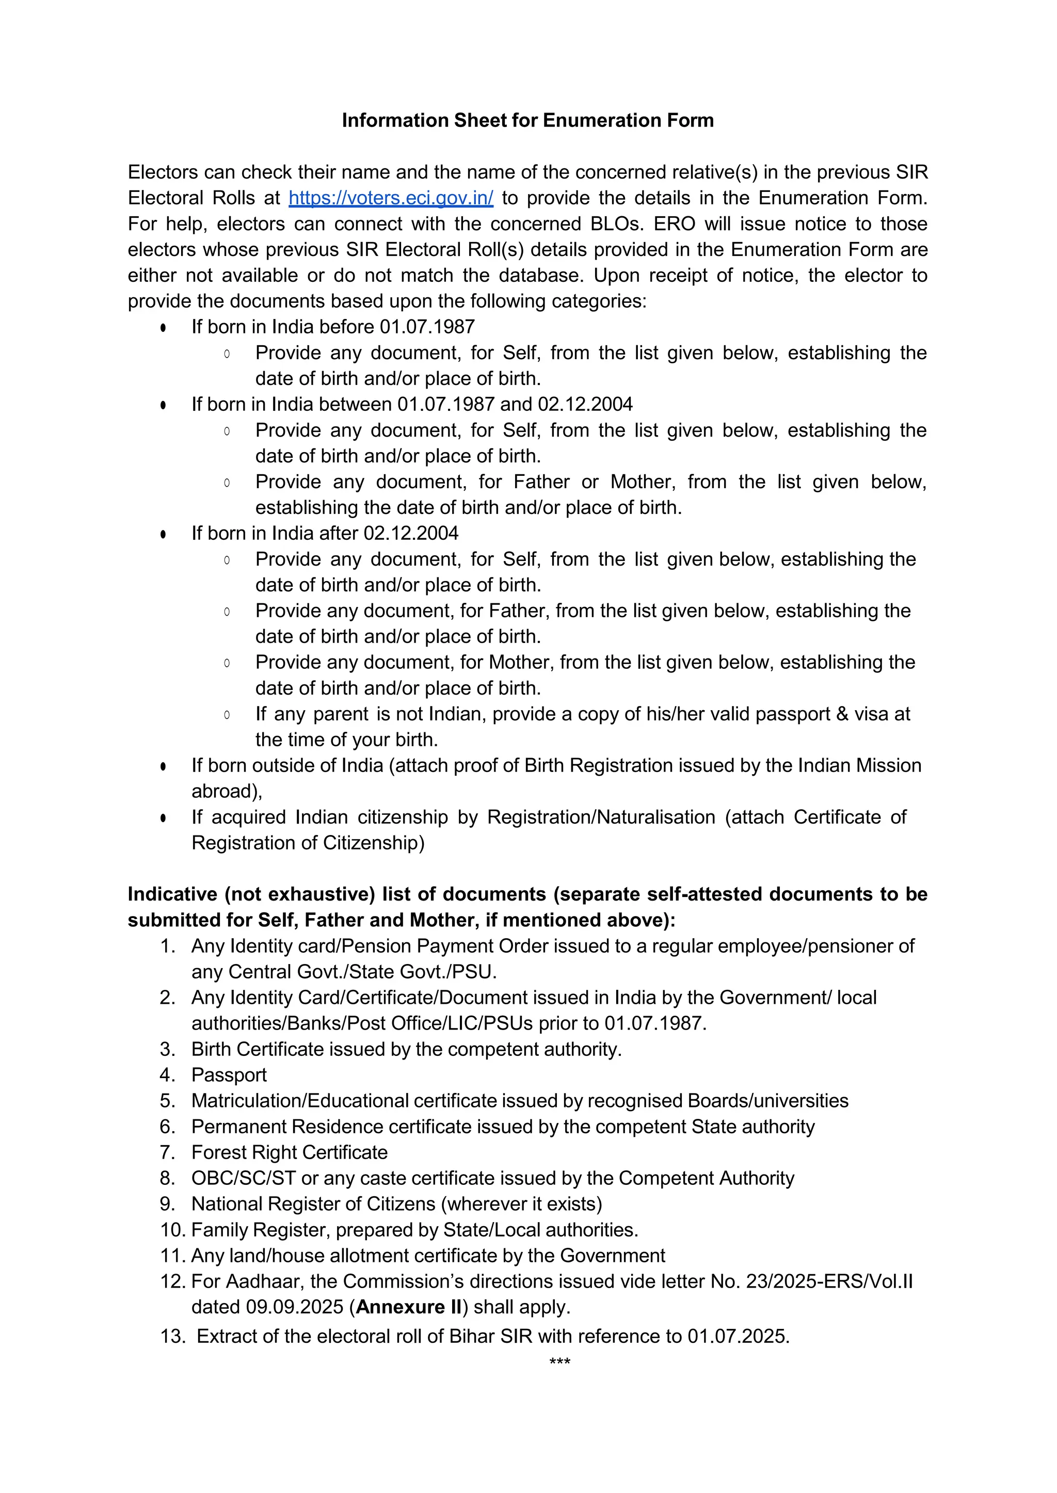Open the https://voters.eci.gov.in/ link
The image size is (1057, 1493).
[x=391, y=198]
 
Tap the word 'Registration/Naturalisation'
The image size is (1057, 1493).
[x=601, y=817]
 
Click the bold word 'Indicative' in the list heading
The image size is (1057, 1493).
[x=172, y=894]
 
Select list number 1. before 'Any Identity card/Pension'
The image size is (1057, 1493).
[x=167, y=946]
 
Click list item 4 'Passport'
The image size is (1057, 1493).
[x=229, y=1075]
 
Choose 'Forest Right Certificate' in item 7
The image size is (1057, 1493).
[x=289, y=1152]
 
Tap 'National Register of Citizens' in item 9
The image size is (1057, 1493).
[x=313, y=1204]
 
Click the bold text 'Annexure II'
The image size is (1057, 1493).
[x=409, y=1308]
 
